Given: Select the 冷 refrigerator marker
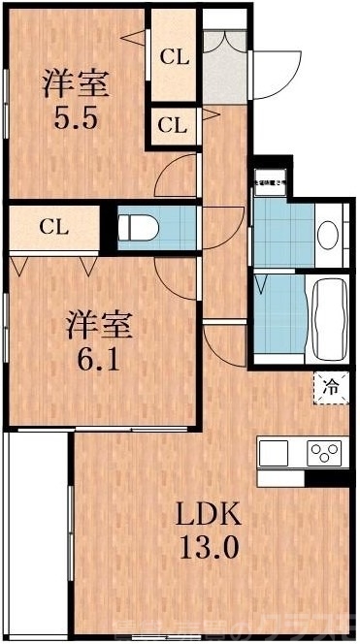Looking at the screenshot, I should [x=330, y=387].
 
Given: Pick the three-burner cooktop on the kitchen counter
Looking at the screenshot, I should [x=325, y=453].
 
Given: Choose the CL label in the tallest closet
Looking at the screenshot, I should [x=173, y=57].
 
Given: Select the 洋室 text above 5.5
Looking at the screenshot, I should [x=74, y=84].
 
